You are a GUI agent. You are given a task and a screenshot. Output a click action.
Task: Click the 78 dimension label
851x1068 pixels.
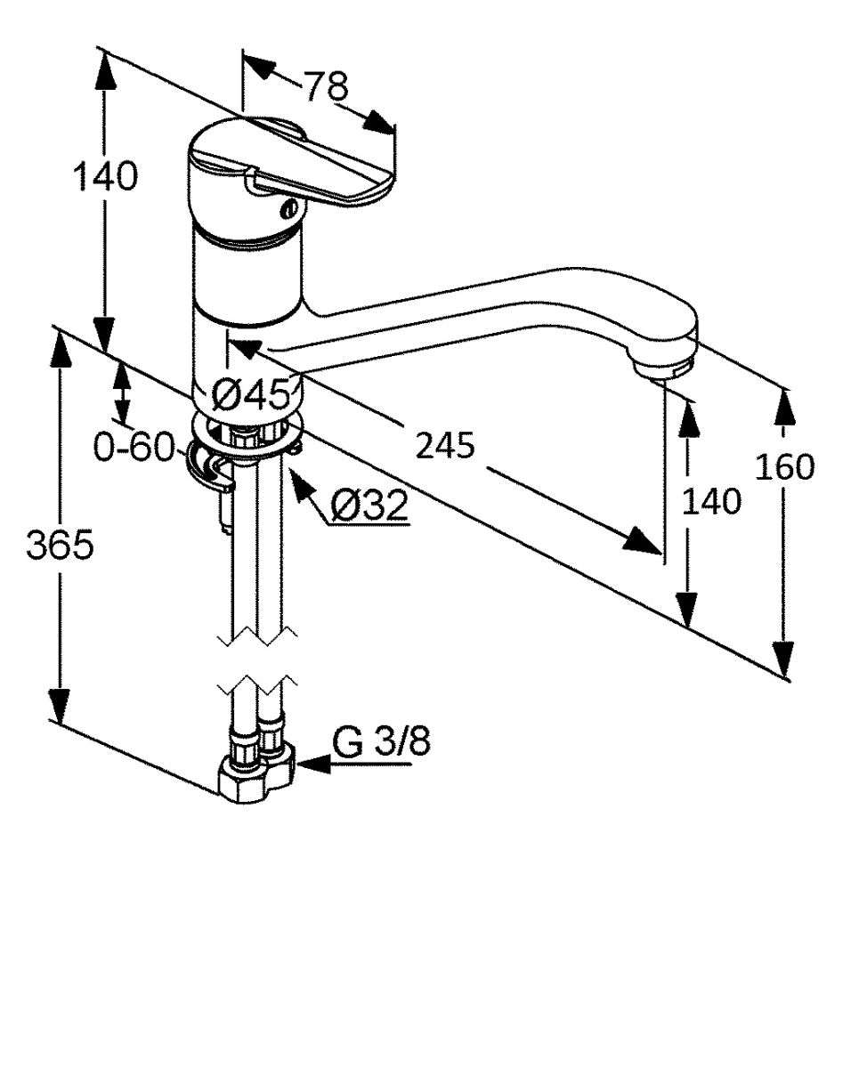(326, 86)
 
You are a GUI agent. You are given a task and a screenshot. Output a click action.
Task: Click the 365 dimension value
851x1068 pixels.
(60, 545)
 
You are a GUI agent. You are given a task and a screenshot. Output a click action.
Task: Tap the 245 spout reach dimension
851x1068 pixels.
(445, 445)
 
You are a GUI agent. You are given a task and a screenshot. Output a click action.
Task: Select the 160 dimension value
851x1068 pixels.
(784, 466)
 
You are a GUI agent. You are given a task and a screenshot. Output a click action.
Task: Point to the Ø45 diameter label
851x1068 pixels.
(251, 394)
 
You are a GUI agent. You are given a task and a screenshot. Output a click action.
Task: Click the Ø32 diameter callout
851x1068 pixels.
(369, 506)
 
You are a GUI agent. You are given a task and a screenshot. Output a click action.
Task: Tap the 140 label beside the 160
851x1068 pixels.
(711, 501)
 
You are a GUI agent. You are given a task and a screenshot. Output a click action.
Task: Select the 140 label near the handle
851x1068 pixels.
(105, 176)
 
